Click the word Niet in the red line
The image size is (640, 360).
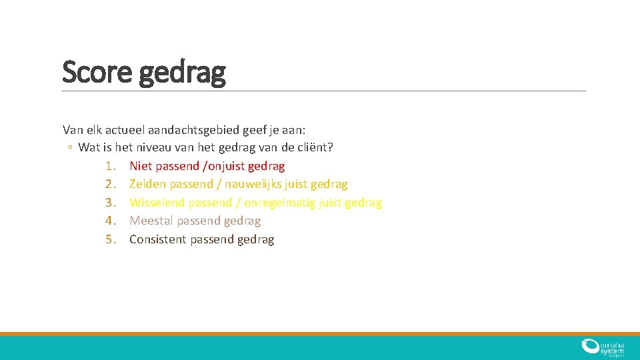coord(141,165)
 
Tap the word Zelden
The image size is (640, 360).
coord(147,184)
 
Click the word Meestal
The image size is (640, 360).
coord(151,221)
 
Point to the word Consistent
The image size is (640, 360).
coord(158,239)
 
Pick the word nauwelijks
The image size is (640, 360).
coord(253,184)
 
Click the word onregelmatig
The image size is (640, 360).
coord(279,203)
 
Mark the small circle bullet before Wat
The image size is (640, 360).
coord(69,147)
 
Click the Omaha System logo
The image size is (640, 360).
coord(602,347)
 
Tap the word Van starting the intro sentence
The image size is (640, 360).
coord(73,129)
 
